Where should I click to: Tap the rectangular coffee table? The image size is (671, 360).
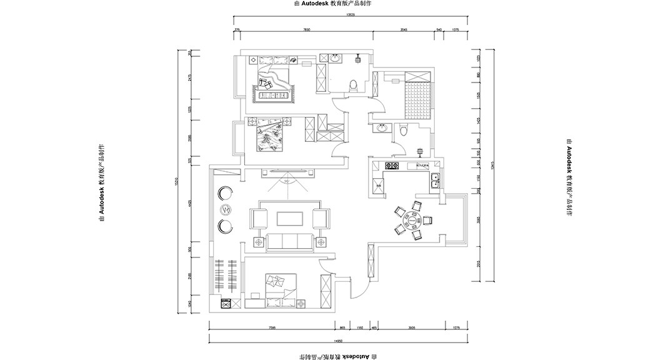click(289, 218)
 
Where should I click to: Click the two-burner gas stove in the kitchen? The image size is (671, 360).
click(392, 166)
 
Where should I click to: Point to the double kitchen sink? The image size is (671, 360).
click(435, 181)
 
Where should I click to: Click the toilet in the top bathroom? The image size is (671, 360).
click(354, 85)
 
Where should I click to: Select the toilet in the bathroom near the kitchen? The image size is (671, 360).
click(403, 130)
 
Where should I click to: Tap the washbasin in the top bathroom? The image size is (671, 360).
click(336, 58)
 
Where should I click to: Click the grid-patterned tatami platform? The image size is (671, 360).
click(417, 101)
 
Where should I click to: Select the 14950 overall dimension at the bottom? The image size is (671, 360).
click(337, 341)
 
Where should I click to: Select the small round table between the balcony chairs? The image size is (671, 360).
click(226, 209)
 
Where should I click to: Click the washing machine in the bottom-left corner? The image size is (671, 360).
click(227, 304)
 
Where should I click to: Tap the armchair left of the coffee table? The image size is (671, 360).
click(260, 218)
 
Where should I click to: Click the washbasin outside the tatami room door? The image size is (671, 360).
click(382, 129)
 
